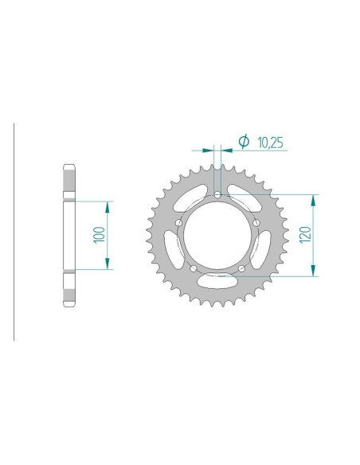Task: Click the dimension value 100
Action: [100, 235]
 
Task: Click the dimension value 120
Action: [305, 235]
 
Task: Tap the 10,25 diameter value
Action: [271, 143]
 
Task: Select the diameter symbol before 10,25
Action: [244, 141]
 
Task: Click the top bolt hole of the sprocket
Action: [217, 195]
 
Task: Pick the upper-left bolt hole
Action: [179, 223]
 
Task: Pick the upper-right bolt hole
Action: [256, 223]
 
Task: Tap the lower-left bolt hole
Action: [194, 268]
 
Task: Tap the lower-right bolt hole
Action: [241, 268]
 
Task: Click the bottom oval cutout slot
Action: [217, 281]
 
